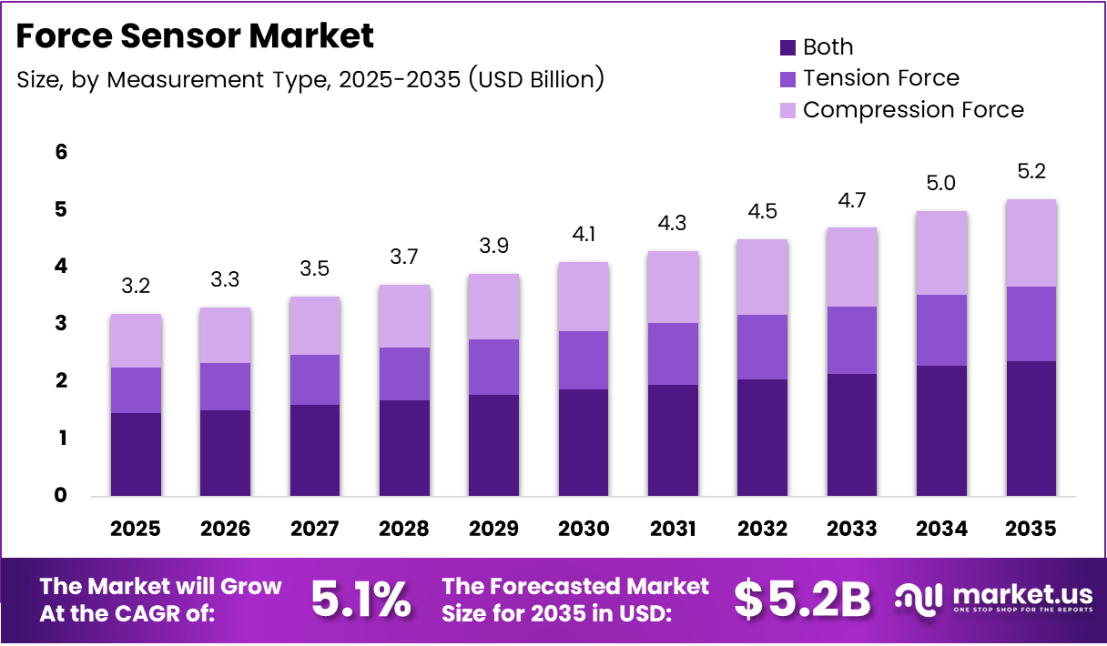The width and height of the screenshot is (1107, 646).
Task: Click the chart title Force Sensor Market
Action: point(195,35)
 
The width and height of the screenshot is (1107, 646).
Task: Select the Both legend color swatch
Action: point(787,47)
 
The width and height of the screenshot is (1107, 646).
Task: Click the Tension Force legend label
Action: point(880,78)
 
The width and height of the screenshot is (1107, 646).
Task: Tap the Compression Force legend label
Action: point(913,110)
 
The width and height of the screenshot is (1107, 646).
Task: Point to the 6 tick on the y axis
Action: point(61,152)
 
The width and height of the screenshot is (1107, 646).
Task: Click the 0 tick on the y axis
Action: point(61,496)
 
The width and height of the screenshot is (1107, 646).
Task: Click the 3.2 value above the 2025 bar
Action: point(136,287)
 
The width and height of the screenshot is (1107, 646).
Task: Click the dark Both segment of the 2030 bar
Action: point(584,442)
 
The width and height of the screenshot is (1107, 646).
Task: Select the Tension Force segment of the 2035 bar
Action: point(1031,324)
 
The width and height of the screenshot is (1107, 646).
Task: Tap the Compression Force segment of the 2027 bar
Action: point(315,325)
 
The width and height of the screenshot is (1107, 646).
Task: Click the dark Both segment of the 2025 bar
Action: point(136,454)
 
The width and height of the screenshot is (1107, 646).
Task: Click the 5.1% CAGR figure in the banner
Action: point(361,600)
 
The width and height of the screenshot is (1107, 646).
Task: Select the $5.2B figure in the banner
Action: point(802,600)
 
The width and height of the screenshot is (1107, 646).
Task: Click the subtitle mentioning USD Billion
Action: point(310,79)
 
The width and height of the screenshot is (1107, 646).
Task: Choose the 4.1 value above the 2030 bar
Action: point(584,235)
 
